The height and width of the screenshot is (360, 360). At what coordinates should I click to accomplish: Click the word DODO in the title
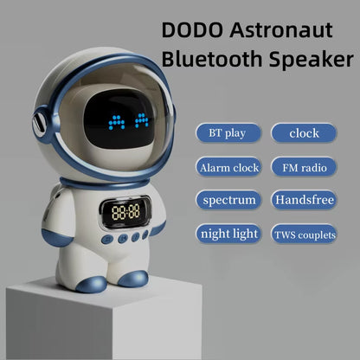pos(189,31)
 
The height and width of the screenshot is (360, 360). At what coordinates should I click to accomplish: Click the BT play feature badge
pos(228,133)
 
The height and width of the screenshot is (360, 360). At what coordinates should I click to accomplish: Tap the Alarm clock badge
pos(228,166)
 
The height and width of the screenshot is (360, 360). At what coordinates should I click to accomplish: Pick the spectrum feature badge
pos(228,200)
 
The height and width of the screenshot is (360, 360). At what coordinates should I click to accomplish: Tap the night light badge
pos(228,234)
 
